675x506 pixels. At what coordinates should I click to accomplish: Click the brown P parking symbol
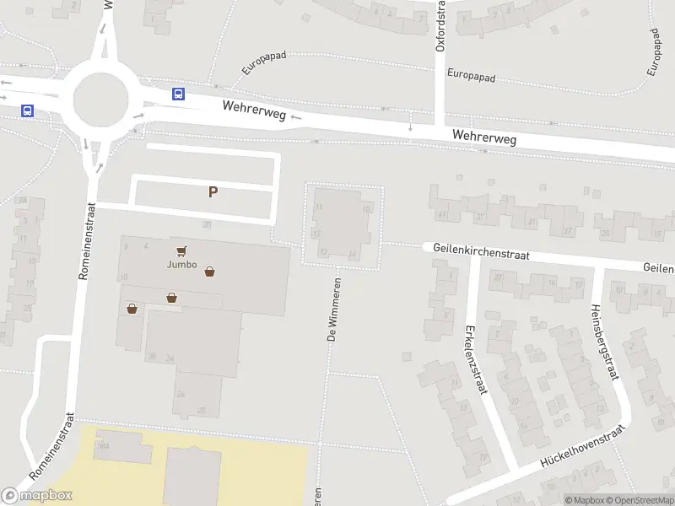coord(213,191)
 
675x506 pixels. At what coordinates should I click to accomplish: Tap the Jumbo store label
coord(181,265)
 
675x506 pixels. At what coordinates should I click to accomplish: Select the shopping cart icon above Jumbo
coord(181,250)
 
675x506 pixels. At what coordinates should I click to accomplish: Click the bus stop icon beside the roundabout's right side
coord(178,94)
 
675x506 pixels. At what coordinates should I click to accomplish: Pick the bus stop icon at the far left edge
coord(28,110)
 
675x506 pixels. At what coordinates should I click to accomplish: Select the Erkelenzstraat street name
coord(474,358)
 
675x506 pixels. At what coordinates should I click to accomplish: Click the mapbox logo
coord(38,495)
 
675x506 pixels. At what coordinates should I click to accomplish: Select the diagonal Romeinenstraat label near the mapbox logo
coord(53,446)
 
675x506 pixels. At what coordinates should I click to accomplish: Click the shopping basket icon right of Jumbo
coord(209,272)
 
